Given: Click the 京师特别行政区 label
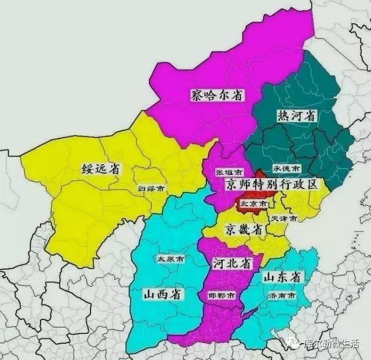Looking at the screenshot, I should click(x=272, y=185).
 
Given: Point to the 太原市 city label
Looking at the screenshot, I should click(x=170, y=259).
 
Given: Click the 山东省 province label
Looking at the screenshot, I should click(x=282, y=278).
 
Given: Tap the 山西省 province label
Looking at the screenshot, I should click(x=162, y=294).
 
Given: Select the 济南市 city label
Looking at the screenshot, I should click(x=282, y=296).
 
